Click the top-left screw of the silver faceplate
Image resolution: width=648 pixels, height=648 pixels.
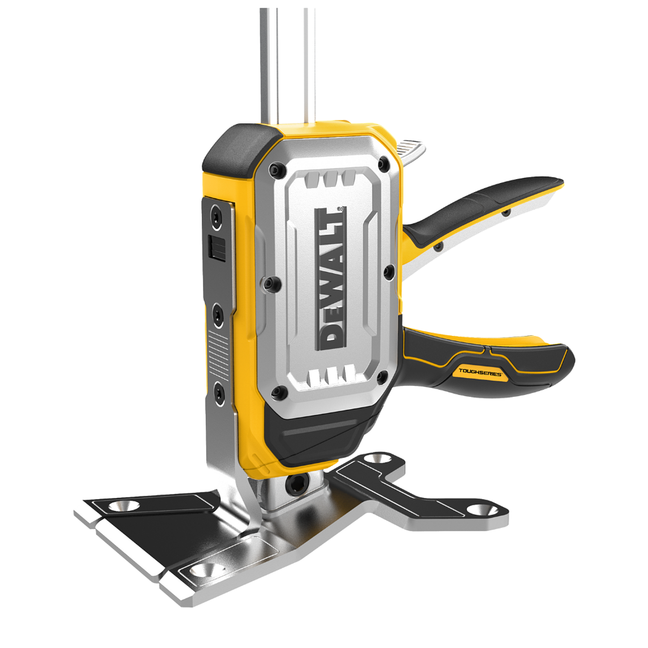(x=277, y=169)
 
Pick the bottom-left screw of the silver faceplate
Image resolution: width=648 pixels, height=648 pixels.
(x=279, y=392)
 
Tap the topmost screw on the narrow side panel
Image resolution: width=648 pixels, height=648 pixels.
(x=217, y=215)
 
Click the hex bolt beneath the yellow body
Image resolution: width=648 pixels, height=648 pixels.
(x=296, y=484)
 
